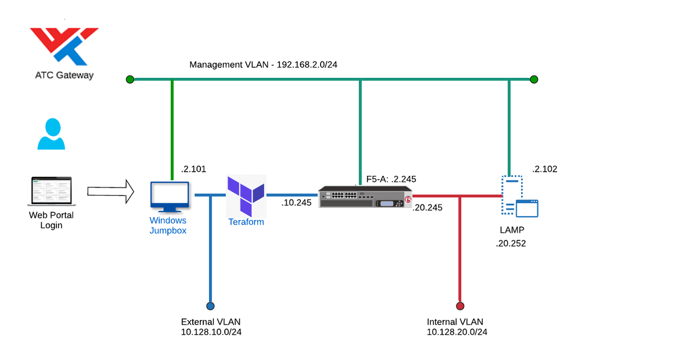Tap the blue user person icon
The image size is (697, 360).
pos(52,134)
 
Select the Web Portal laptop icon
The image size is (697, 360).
pos(51,191)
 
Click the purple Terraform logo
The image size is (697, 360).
pos(246,196)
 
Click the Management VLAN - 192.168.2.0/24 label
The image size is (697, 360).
pos(263,64)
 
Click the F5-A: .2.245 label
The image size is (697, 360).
pos(391,179)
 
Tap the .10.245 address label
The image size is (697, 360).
pos(296,203)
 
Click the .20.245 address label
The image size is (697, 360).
pos(427,207)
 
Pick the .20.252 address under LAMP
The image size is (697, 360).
pos(511,244)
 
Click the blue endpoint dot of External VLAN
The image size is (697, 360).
pos(210,306)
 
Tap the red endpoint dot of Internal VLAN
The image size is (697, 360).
pos(460,306)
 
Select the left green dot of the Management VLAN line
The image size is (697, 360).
pos(130,79)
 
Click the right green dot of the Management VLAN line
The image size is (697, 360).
pos(534,79)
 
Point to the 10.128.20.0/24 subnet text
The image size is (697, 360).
pos(457,332)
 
